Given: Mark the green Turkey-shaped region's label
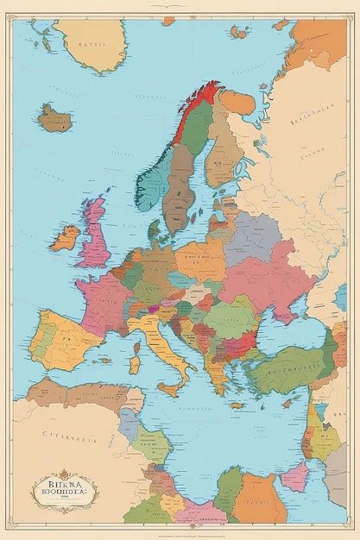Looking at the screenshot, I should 292,353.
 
